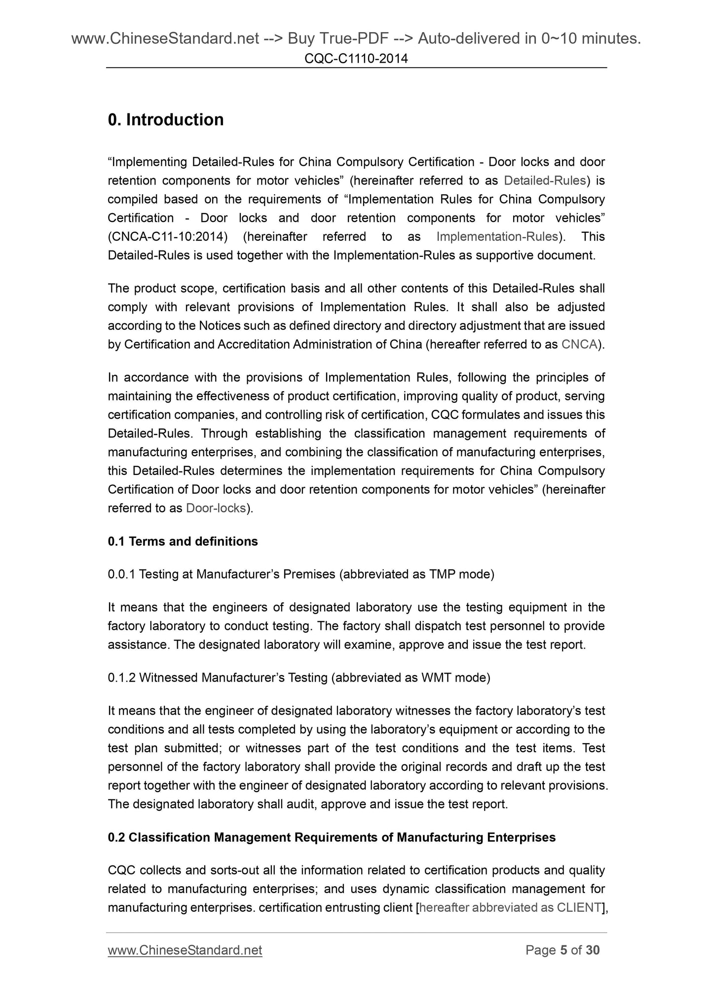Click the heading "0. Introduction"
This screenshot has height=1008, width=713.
[166, 120]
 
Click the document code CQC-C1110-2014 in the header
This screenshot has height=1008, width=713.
[356, 59]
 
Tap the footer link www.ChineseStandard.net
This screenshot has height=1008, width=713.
[185, 950]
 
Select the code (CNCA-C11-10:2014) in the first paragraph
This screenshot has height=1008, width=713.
[168, 237]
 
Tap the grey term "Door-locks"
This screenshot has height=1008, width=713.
[216, 508]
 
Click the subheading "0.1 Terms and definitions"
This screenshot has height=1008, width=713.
[183, 541]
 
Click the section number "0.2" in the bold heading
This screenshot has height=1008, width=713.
[116, 837]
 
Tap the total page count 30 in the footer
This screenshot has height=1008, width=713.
[593, 950]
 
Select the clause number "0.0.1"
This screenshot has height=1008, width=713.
[121, 574]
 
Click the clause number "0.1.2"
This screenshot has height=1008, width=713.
[121, 678]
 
